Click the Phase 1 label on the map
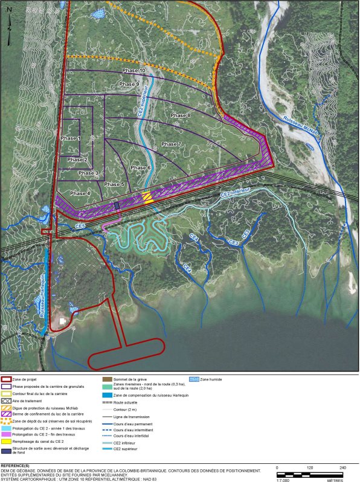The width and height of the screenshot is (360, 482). click(x=70, y=138)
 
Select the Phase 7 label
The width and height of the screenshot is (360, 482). click(x=171, y=144)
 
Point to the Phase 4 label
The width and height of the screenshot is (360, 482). click(x=80, y=193)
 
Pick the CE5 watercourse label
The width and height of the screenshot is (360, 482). click(x=80, y=226)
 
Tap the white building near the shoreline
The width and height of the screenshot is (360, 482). click(x=63, y=321)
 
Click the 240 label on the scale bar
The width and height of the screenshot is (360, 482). click(x=342, y=468)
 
